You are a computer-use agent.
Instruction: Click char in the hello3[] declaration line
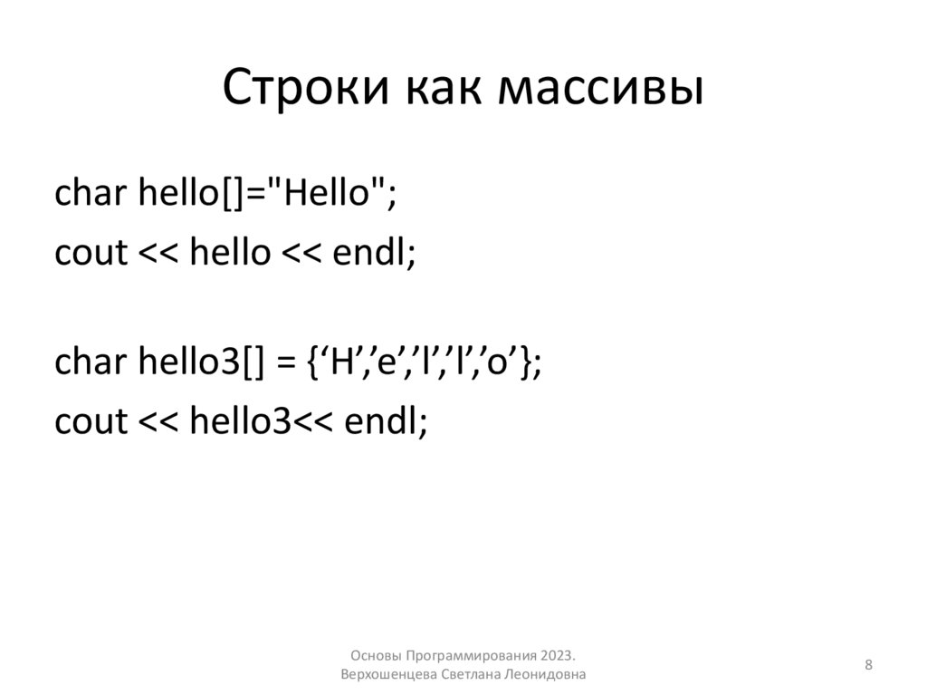tap(91, 364)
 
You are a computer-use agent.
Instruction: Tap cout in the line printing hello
tap(91, 253)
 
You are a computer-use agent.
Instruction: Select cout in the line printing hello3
tap(91, 421)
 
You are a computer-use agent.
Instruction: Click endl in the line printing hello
tap(370, 253)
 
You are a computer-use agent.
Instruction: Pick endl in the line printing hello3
tap(381, 421)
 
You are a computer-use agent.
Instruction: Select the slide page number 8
tap(869, 666)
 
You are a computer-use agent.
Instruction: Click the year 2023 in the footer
tap(559, 655)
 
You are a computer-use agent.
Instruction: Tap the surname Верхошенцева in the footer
tap(389, 675)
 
